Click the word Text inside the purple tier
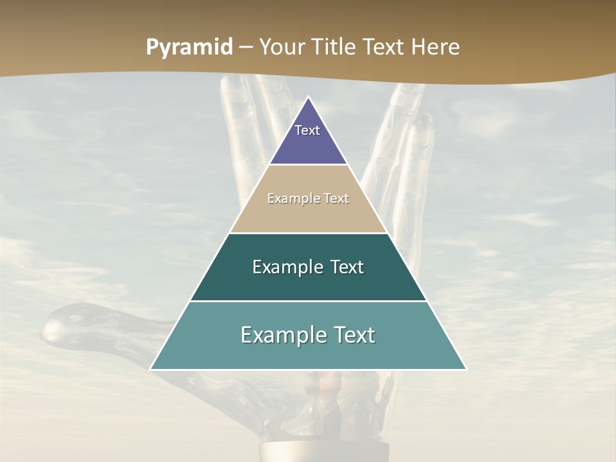coord(307,130)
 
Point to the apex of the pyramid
coord(309,98)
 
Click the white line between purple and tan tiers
coord(308,165)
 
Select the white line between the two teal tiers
coord(308,301)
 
